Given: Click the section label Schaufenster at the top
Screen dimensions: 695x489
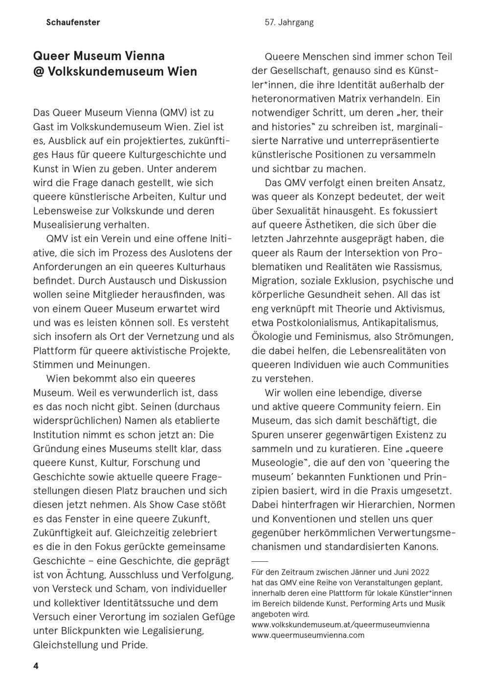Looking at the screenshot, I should [x=73, y=22].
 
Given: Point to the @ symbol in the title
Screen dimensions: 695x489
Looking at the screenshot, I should [x=39, y=72].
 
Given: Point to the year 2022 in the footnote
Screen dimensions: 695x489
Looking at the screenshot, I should [x=420, y=572].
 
